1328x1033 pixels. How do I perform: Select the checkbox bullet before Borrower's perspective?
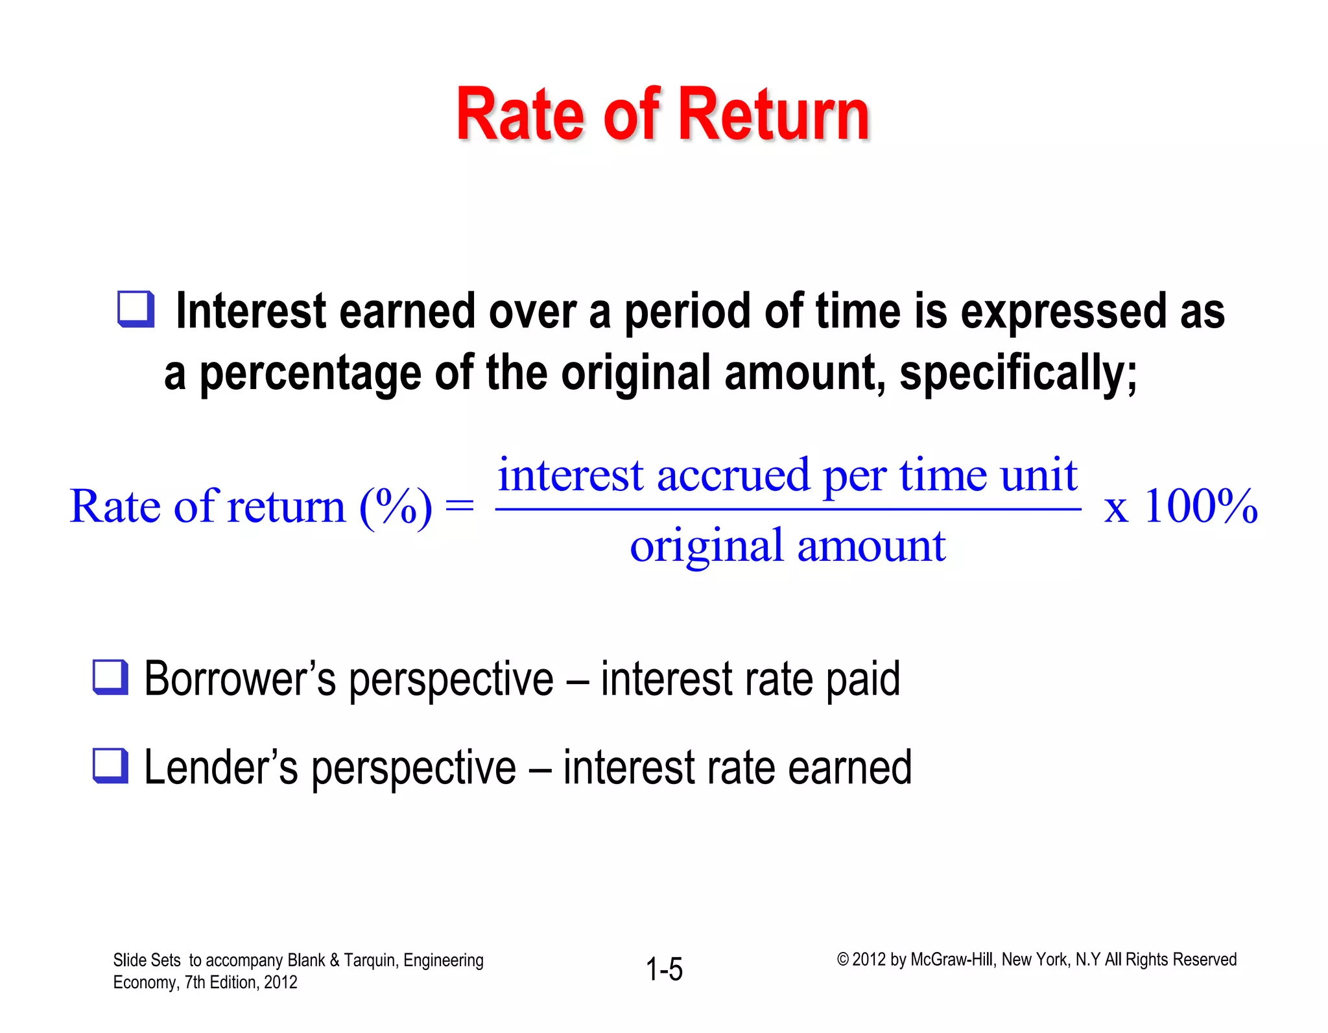pos(110,677)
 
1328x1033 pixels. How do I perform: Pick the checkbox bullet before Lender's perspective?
pos(110,766)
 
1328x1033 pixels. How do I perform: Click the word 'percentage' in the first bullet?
pos(310,375)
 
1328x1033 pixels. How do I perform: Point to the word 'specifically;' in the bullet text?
pos(1018,374)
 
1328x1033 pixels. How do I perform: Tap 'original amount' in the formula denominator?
pos(787,546)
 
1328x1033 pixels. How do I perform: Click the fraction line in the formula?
pos(787,510)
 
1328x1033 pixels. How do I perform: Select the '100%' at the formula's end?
pos(1200,506)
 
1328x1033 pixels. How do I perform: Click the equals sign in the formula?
pos(460,506)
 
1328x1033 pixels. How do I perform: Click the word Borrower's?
pos(240,679)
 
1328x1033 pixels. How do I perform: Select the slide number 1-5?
pos(664,969)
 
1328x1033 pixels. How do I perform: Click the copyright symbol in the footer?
pos(842,960)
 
